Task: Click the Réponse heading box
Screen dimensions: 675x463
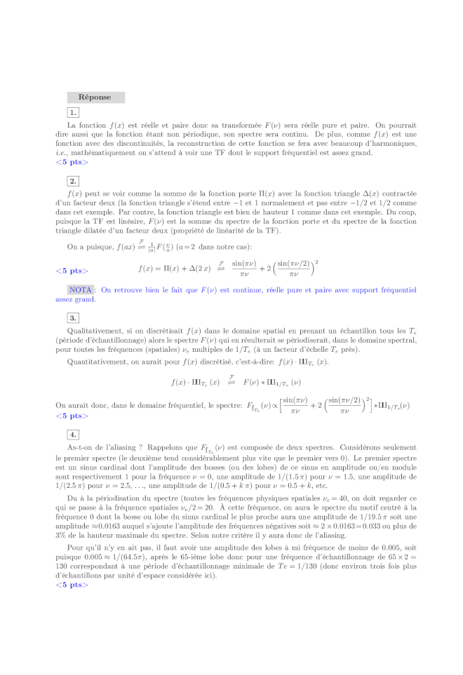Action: [95, 97]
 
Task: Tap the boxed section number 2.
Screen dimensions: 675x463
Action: [73, 182]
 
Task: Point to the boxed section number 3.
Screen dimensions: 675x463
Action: [73, 318]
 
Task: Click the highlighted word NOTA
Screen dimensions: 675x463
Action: [81, 289]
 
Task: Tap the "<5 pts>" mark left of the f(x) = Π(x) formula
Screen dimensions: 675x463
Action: [72, 271]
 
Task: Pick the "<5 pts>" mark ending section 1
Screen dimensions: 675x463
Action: [72, 162]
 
